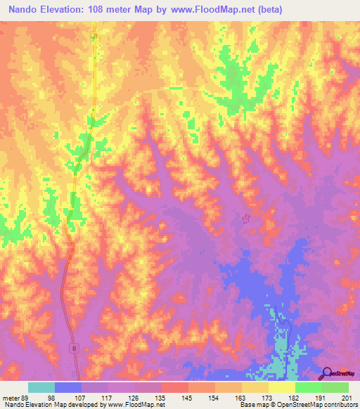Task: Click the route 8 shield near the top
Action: (x=95, y=36)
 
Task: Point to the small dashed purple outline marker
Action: (x=246, y=219)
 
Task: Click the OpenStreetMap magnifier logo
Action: (x=326, y=373)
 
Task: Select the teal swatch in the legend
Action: (x=41, y=387)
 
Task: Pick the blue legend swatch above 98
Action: (x=68, y=387)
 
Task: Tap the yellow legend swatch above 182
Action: (x=282, y=387)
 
